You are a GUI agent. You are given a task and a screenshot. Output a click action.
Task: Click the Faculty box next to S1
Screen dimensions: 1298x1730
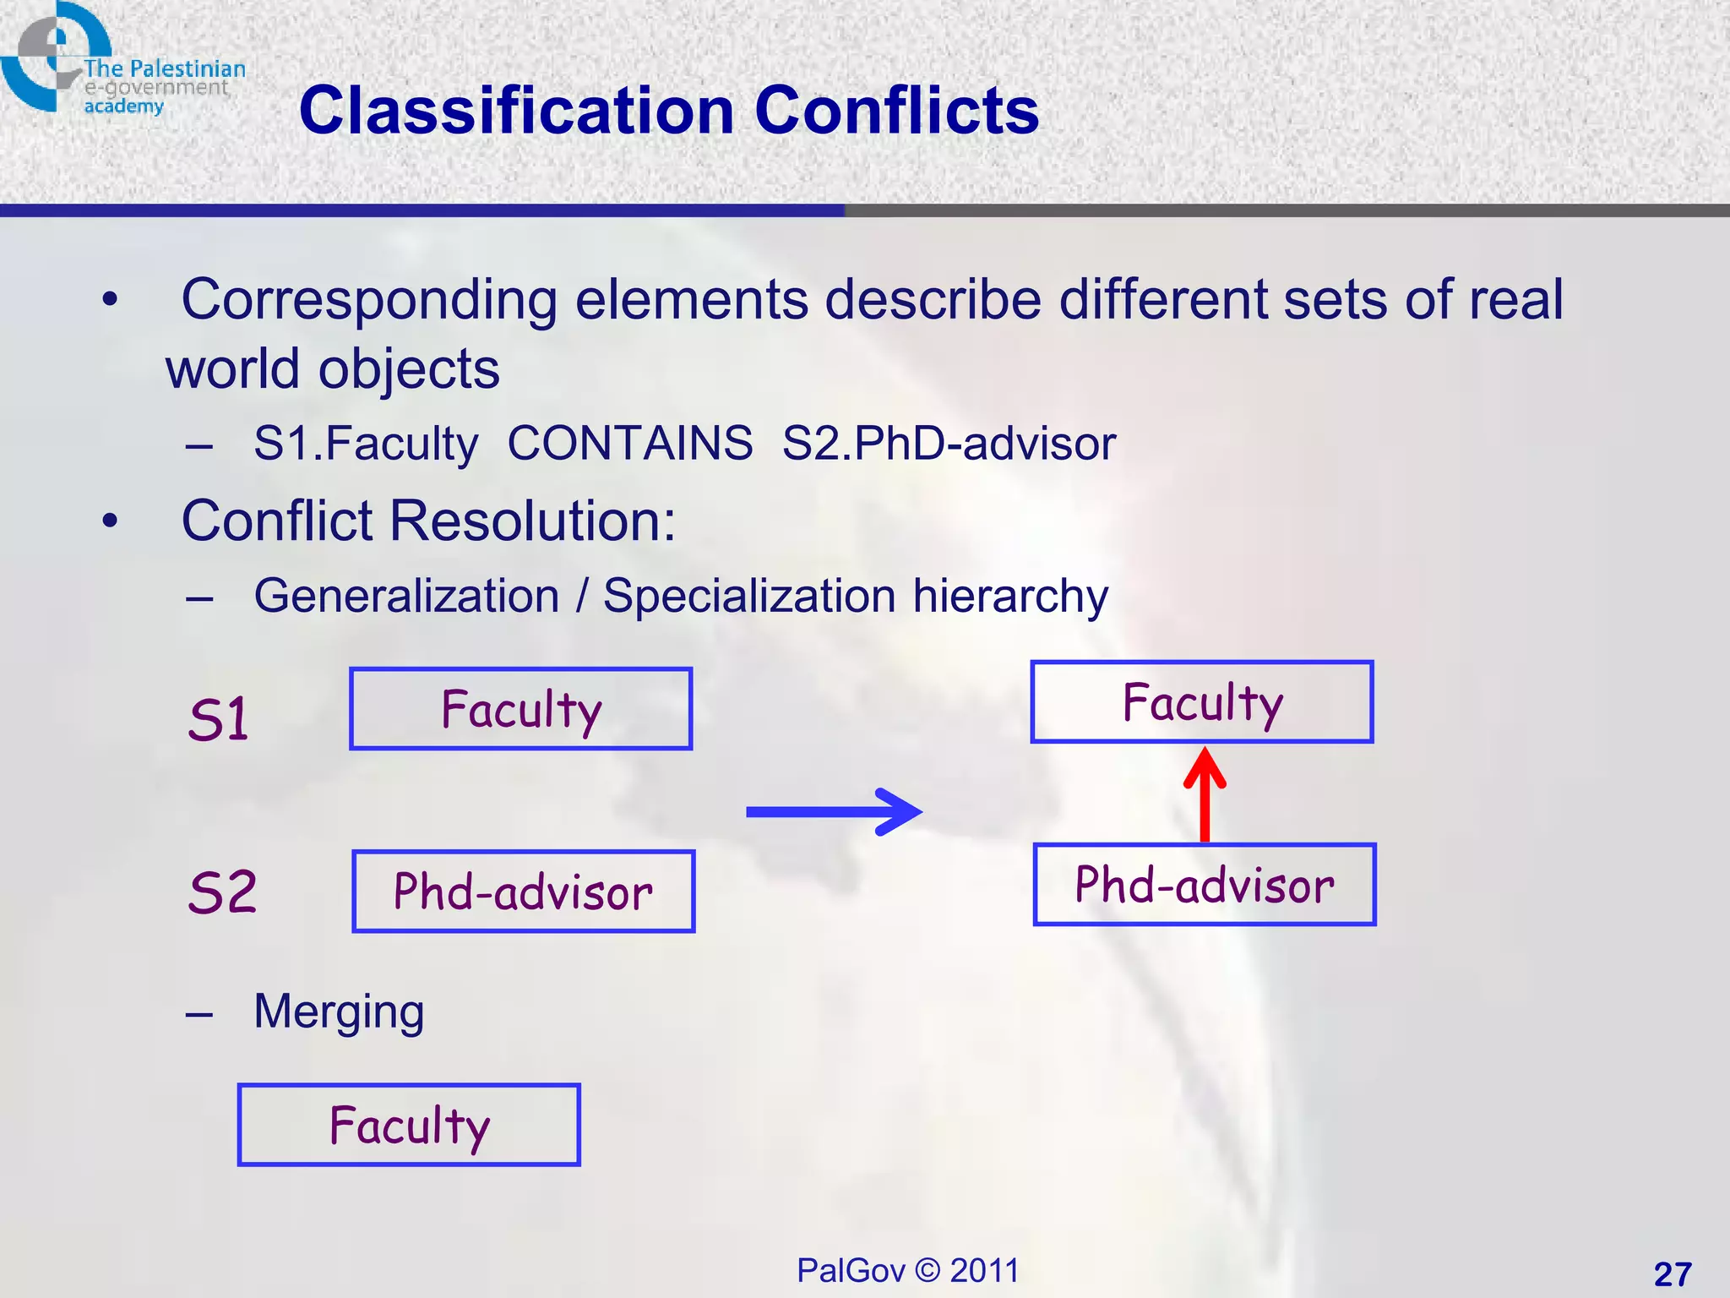tap(520, 709)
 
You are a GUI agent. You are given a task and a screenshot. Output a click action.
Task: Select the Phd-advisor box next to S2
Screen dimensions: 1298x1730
tap(523, 892)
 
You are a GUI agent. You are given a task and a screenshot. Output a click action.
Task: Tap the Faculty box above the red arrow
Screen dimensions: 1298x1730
tap(1201, 702)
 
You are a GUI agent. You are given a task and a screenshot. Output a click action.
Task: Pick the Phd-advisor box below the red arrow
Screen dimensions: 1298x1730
tap(1204, 885)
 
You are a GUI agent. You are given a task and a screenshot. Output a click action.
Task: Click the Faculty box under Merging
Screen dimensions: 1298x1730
tap(409, 1125)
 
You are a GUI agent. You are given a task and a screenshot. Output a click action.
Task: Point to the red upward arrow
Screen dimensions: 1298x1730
tap(1205, 794)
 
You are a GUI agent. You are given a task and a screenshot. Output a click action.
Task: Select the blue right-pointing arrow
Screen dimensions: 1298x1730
tap(833, 812)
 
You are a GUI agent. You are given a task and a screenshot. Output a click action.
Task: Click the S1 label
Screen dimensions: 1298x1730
tap(219, 719)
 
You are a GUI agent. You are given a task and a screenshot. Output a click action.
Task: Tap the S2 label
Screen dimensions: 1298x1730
tap(222, 892)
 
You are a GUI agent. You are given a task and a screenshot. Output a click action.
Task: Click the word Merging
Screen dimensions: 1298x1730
tap(339, 1012)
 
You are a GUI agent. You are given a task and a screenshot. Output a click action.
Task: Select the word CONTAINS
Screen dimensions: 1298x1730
tap(629, 443)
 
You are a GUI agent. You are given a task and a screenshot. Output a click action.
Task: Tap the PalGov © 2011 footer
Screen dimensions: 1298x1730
tap(907, 1270)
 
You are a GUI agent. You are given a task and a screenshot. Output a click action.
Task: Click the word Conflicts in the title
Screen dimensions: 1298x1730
tap(896, 111)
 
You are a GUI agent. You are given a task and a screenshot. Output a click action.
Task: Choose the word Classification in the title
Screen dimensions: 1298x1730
tap(516, 111)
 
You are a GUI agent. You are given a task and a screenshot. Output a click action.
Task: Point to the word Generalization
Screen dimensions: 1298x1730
tap(406, 596)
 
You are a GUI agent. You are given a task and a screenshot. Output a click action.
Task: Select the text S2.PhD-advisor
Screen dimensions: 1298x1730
tap(948, 443)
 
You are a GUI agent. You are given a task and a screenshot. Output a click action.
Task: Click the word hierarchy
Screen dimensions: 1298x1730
tap(1009, 596)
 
